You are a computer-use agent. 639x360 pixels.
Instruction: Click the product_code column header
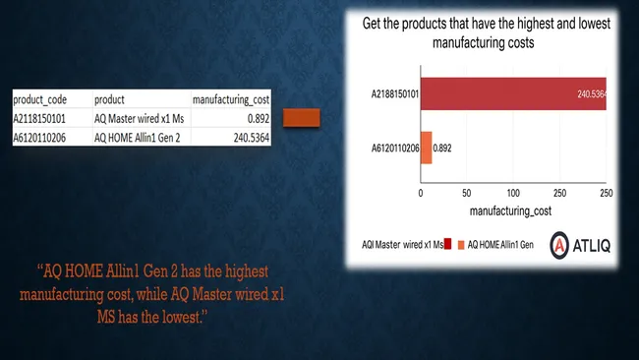(x=40, y=99)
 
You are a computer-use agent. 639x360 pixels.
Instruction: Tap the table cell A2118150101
(x=45, y=117)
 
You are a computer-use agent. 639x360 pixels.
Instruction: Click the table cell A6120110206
(x=45, y=136)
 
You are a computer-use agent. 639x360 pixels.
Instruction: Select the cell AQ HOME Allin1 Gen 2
(x=138, y=136)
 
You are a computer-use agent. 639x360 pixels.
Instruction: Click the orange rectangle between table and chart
(x=302, y=119)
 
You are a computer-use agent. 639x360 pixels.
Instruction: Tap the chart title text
(x=487, y=32)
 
